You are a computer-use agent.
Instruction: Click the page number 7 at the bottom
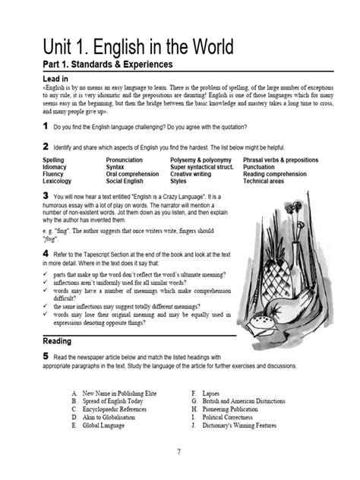(180, 451)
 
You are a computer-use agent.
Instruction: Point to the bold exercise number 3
(46, 195)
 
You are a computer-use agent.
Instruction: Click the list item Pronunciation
(129, 161)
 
